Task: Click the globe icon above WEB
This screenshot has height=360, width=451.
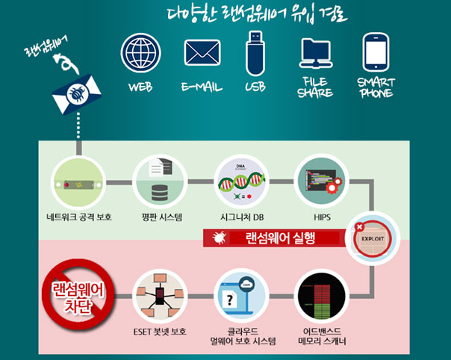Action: [x=140, y=53]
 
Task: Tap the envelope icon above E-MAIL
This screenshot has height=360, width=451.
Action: [x=202, y=53]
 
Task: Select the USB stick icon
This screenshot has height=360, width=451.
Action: [x=256, y=52]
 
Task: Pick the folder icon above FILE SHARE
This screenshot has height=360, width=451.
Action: [x=316, y=53]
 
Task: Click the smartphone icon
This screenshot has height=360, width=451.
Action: [x=376, y=52]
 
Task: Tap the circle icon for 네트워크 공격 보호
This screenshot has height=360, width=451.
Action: [x=78, y=182]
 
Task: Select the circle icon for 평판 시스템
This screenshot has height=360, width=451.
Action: [x=159, y=182]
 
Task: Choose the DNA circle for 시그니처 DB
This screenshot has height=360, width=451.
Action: [x=240, y=182]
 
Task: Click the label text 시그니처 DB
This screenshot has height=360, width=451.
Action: [x=240, y=218]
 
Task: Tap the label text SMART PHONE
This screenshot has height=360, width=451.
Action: [x=376, y=87]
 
